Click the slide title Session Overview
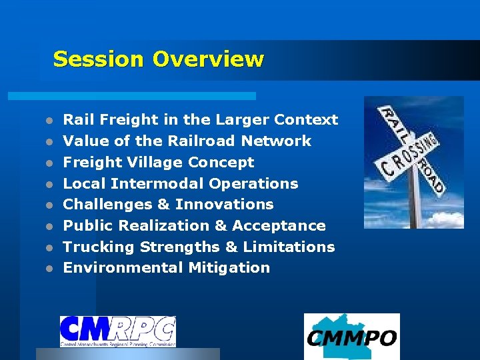pos(158,59)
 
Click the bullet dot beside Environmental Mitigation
pos(49,269)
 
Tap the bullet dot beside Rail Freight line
pos(49,121)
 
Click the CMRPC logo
pos(117,331)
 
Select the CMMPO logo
pos(351,337)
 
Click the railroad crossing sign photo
pos(413,162)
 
